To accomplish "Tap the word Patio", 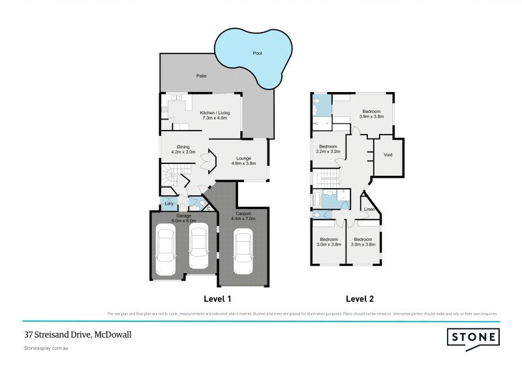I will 202,76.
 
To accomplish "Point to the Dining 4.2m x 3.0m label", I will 183,149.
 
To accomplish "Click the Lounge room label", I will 243,161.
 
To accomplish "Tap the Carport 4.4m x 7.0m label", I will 243,216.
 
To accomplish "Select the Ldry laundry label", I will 168,204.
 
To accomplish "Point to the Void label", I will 388,155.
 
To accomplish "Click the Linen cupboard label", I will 369,209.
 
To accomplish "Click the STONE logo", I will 473,338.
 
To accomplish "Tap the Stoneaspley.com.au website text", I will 46,349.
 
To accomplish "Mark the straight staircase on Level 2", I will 326,178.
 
